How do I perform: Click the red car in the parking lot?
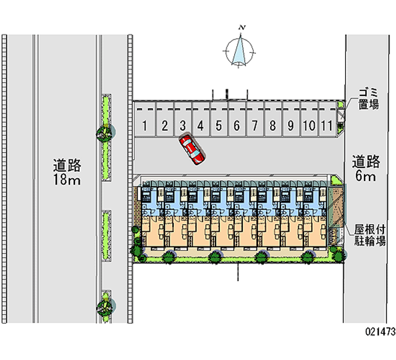pyautogui.click(x=192, y=149)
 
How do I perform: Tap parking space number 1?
pyautogui.click(x=145, y=126)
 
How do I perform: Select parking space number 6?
pyautogui.click(x=237, y=126)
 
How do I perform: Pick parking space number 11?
pyautogui.click(x=325, y=126)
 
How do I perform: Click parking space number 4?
pyautogui.click(x=200, y=126)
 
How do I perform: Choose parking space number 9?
pyautogui.click(x=291, y=126)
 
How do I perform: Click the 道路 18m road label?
pyautogui.click(x=67, y=171)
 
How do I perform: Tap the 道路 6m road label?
pyautogui.click(x=366, y=168)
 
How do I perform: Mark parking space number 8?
pyautogui.click(x=272, y=126)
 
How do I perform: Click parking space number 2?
pyautogui.click(x=164, y=126)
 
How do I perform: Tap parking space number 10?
pyautogui.click(x=308, y=126)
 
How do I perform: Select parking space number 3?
pyautogui.click(x=182, y=126)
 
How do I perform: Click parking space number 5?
pyautogui.click(x=218, y=126)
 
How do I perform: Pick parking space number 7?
pyautogui.click(x=254, y=126)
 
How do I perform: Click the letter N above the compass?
pyautogui.click(x=242, y=28)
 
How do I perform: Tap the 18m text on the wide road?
pyautogui.click(x=67, y=179)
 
